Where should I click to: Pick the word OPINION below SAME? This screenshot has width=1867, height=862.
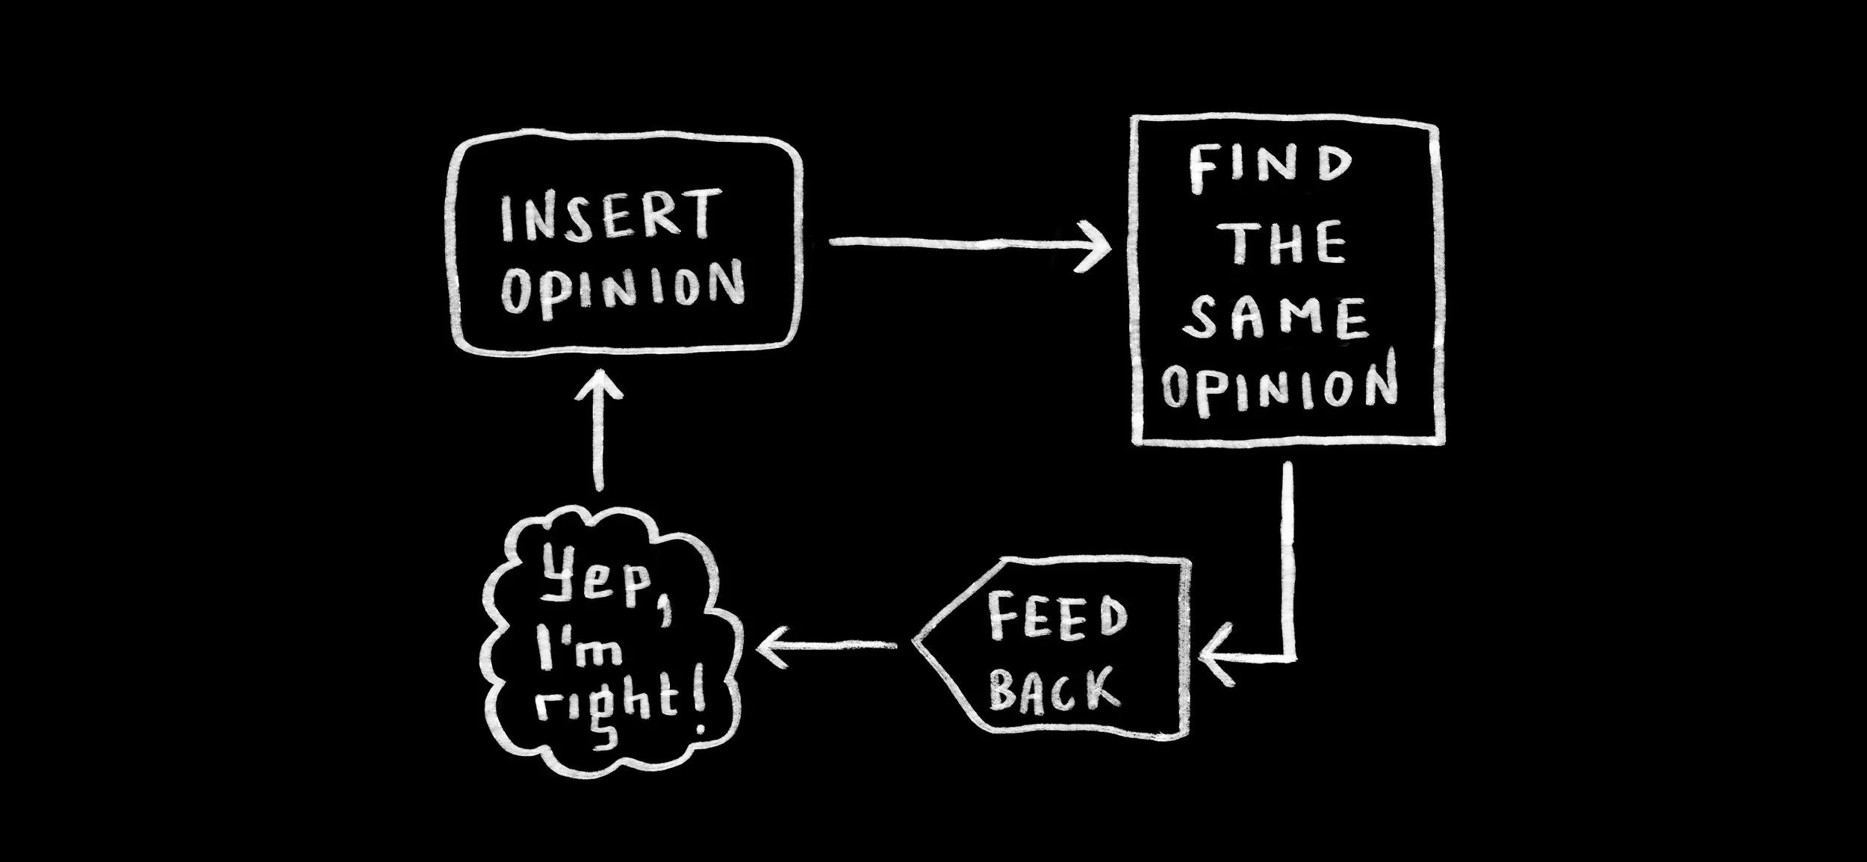coord(1279,386)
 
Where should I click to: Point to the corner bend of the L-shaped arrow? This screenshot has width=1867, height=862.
coord(1290,657)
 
